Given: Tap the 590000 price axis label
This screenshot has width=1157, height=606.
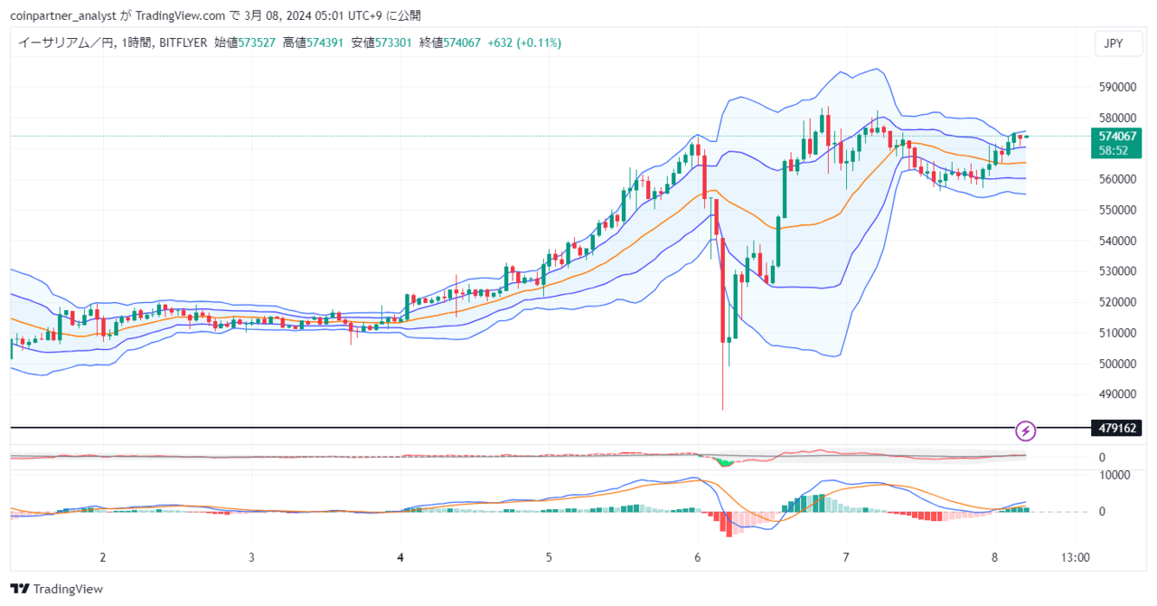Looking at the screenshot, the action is [x=1117, y=87].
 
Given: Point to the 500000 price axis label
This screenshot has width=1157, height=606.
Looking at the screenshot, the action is [x=1117, y=364].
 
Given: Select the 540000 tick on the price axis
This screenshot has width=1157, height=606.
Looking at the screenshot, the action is [x=1117, y=241].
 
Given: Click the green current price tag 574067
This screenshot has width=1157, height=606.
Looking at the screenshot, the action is [x=1117, y=136].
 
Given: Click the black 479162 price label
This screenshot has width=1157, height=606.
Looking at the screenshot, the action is [x=1116, y=428].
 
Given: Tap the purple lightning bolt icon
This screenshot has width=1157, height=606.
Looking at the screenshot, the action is [x=1025, y=431].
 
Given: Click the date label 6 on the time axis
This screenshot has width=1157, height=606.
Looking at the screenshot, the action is [x=697, y=557].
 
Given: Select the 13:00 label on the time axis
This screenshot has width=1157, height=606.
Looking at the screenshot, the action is [x=1076, y=557].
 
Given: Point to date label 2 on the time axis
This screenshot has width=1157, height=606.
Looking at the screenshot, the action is [x=103, y=557].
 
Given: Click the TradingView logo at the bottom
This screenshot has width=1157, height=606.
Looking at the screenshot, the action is [x=57, y=589].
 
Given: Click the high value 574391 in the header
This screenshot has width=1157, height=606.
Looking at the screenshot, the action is [x=325, y=43].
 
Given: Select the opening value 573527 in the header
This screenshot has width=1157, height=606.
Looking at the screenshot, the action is [x=257, y=43].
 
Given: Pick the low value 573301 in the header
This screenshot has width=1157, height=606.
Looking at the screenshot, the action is [x=393, y=43].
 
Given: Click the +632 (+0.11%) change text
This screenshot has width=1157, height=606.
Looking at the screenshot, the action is [x=524, y=43].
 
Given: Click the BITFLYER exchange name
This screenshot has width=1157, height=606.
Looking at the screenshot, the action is [x=183, y=43].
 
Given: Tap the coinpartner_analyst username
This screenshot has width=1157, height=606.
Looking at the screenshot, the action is [x=63, y=16].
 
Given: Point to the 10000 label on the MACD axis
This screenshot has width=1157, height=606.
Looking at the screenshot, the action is [x=1115, y=475].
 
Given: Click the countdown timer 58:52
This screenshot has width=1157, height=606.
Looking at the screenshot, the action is [x=1113, y=150].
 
